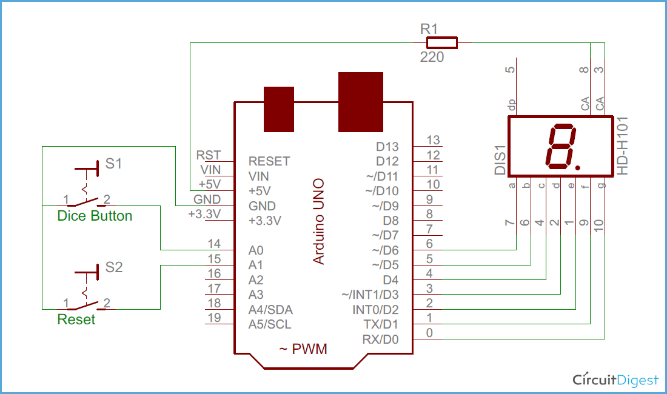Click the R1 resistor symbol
[x=441, y=42]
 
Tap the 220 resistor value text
[x=432, y=58]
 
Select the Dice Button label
[x=95, y=216]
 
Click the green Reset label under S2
[x=76, y=319]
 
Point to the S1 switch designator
[x=113, y=163]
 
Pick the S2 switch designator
[x=113, y=267]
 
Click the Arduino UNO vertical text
[x=318, y=221]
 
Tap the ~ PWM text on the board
[x=303, y=349]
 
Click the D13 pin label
[x=387, y=147]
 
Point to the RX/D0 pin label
[x=380, y=339]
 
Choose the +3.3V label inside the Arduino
[x=265, y=221]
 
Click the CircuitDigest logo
[x=615, y=380]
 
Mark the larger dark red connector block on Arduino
[x=361, y=102]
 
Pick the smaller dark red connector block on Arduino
[x=279, y=109]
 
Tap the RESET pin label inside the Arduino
[x=269, y=161]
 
